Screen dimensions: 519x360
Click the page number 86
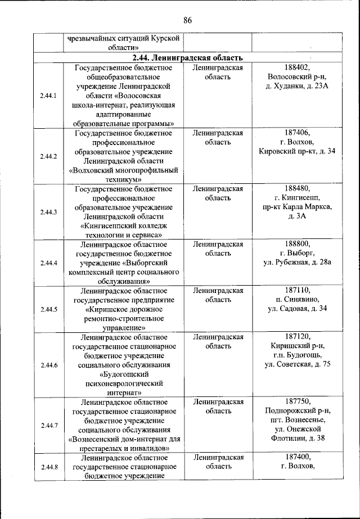(x=188, y=21)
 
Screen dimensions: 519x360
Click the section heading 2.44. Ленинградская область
(x=188, y=57)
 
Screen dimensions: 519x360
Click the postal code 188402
(x=297, y=67)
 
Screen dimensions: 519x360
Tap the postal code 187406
(x=297, y=133)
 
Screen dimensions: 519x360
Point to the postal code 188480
(x=297, y=188)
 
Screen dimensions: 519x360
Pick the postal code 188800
(x=297, y=244)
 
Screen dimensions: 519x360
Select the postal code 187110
(x=297, y=291)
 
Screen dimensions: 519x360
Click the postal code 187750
(x=297, y=402)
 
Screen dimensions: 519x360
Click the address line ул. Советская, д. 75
(x=297, y=365)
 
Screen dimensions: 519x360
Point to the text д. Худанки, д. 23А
(x=297, y=86)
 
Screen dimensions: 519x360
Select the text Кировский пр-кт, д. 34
(x=297, y=151)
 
